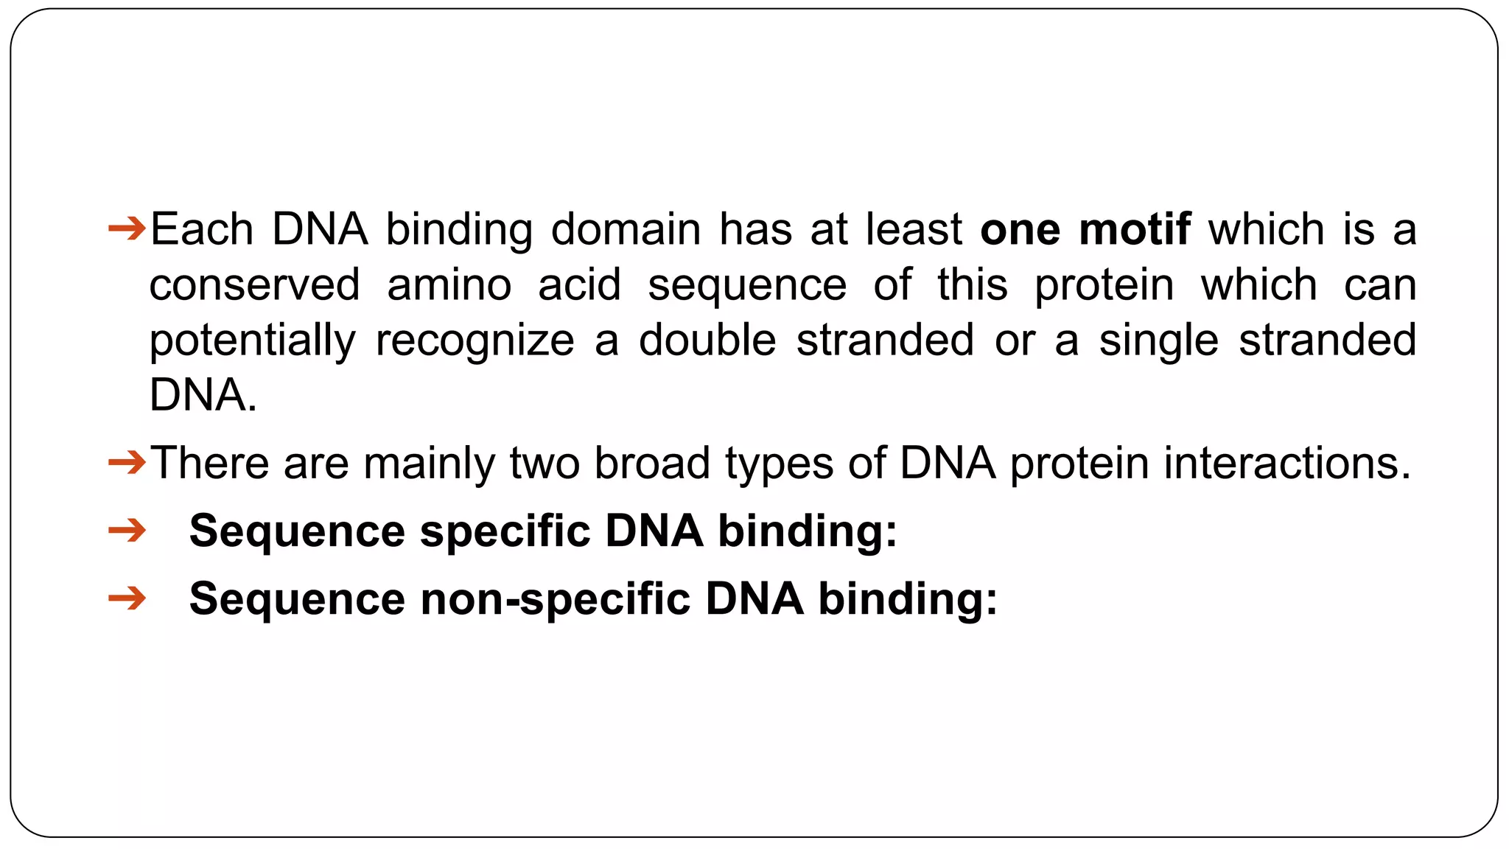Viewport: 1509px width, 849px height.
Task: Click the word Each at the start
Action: (201, 229)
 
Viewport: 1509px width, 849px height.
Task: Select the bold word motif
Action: (1135, 229)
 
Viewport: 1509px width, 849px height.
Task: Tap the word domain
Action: (626, 229)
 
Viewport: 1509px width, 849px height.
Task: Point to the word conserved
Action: (254, 285)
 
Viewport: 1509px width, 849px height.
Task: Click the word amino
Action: (449, 285)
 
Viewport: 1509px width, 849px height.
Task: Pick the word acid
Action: (579, 285)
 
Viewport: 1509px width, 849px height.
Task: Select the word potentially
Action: (252, 340)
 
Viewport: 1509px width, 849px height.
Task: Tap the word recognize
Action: (475, 340)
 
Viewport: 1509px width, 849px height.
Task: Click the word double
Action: (707, 340)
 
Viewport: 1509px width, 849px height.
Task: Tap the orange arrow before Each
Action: (127, 228)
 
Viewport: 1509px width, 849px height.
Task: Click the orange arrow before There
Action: (127, 463)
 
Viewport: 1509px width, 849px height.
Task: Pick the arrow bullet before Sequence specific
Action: (127, 530)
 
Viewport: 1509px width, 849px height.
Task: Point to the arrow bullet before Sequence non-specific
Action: (127, 597)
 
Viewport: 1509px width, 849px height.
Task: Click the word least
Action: (914, 229)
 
